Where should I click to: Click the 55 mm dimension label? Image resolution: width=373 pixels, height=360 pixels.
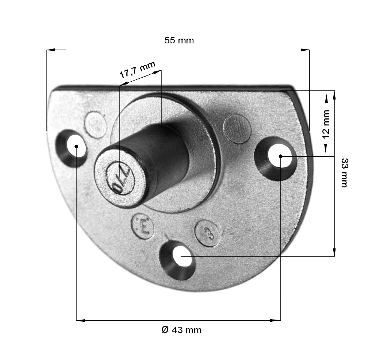[x=179, y=40]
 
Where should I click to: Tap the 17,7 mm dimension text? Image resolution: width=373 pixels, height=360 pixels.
[x=137, y=69]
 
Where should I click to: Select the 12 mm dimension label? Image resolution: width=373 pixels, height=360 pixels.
[x=326, y=124]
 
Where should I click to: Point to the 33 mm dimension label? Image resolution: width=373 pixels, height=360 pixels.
[x=345, y=173]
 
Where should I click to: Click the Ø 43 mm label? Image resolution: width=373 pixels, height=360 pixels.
[x=181, y=330]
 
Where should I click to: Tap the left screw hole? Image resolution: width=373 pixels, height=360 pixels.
[x=71, y=148]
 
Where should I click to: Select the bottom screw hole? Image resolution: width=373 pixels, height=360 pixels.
[x=178, y=260]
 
